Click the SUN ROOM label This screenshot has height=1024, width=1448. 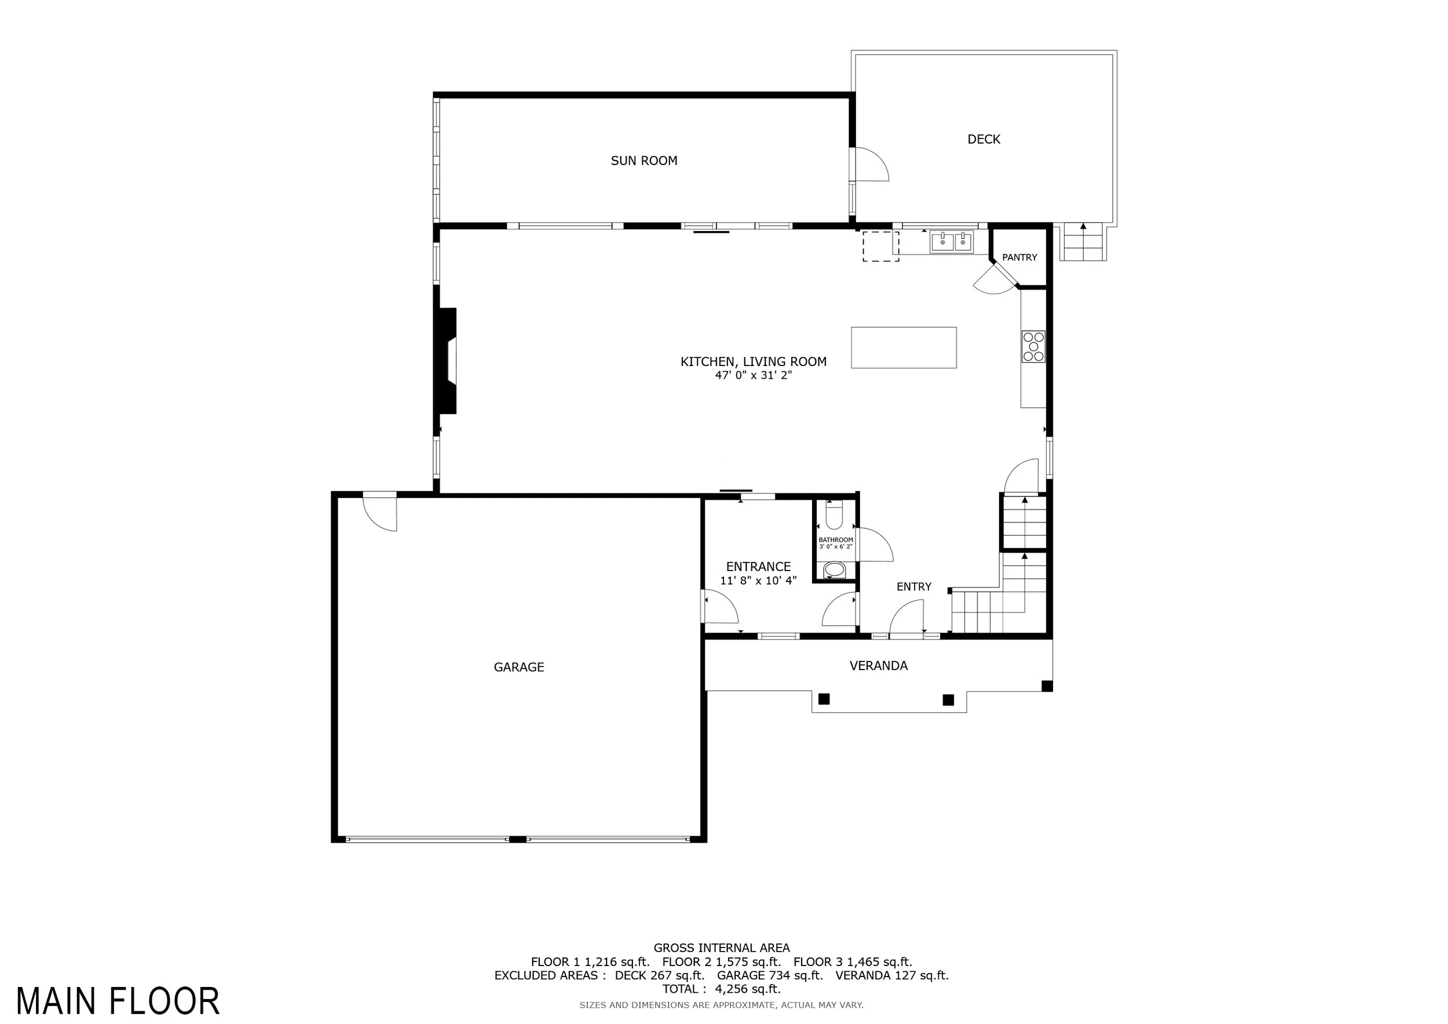644,161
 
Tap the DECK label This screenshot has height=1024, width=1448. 984,140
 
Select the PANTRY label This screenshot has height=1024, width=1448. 1020,257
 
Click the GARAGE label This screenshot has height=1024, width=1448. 519,667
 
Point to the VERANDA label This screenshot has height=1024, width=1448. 879,666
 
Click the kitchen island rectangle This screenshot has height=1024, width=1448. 904,348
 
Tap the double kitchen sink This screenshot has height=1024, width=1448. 952,242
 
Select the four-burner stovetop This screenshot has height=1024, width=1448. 1034,347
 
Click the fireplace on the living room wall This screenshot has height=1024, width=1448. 447,361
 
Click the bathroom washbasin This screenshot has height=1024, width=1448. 835,570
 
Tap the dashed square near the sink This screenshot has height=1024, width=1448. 881,247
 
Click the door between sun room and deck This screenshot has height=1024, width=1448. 869,164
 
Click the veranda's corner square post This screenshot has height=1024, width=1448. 1047,686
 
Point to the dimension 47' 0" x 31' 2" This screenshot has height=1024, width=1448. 754,375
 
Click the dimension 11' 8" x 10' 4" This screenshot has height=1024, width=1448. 759,581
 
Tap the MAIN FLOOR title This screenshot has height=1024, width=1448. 118,1001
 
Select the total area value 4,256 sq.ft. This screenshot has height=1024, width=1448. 748,989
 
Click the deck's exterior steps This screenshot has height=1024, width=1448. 1084,242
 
